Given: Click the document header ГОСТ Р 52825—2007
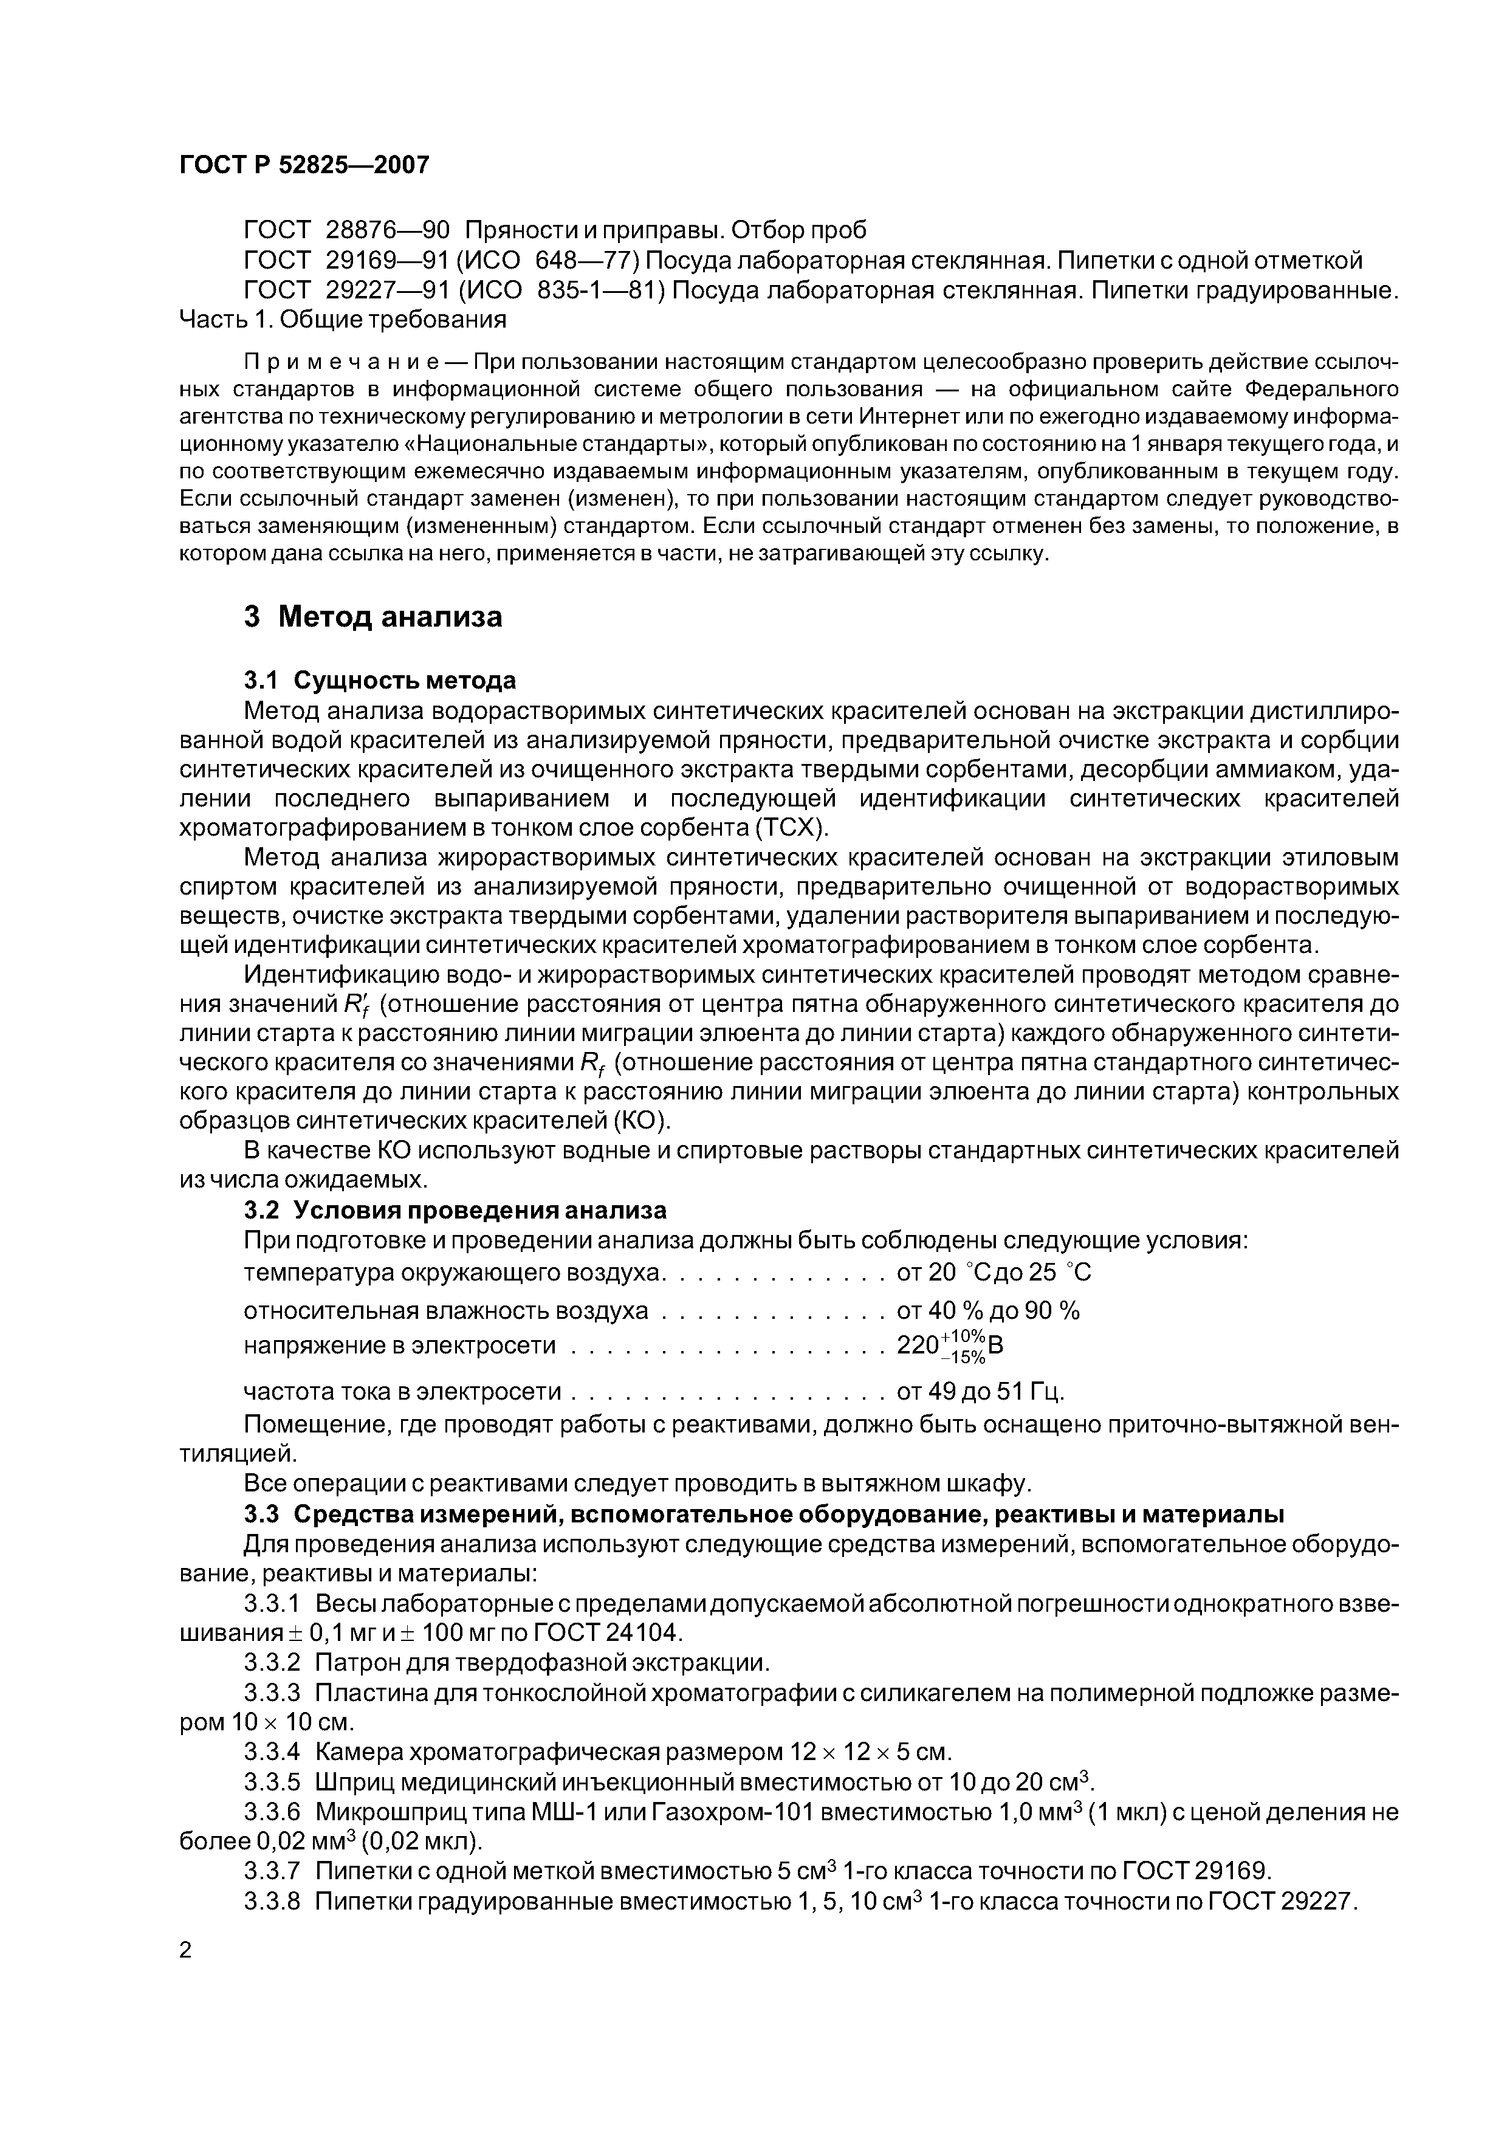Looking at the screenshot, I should click(x=304, y=165).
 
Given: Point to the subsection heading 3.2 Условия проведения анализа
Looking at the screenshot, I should click(x=455, y=1210).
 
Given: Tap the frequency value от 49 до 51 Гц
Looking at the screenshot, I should click(x=980, y=1391).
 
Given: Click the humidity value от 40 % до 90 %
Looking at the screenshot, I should click(x=988, y=1310).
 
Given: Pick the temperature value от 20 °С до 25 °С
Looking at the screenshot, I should click(x=994, y=1272).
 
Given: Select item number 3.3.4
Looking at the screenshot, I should click(x=272, y=1752).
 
